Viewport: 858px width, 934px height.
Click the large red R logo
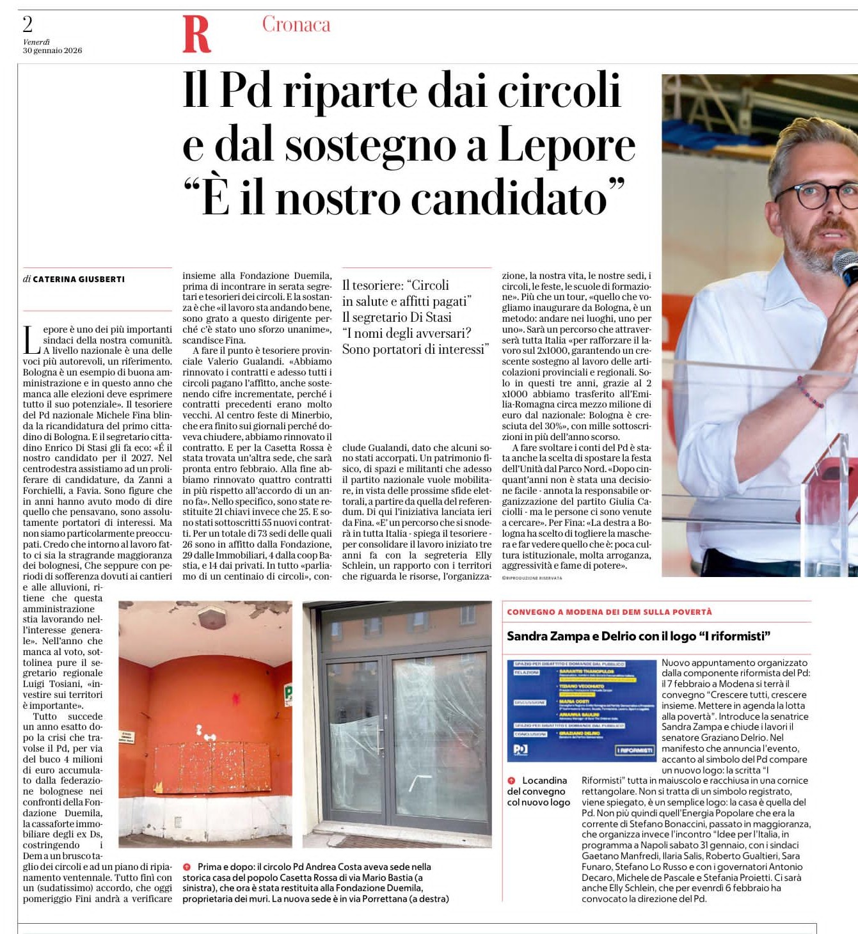click(196, 34)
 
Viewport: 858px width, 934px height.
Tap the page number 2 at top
click(28, 24)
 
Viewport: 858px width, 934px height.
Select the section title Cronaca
click(296, 24)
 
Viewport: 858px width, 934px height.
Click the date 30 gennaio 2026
click(52, 51)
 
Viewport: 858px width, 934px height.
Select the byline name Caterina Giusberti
click(79, 280)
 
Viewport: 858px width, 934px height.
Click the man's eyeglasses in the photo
click(819, 194)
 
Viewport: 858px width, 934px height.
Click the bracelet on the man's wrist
click(809, 392)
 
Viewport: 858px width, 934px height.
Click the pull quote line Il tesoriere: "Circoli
click(395, 285)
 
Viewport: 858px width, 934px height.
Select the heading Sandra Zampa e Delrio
click(639, 636)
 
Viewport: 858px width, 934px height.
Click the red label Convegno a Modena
click(609, 612)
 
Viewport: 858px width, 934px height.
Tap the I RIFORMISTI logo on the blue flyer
click(635, 750)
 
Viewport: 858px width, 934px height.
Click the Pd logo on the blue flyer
click(521, 749)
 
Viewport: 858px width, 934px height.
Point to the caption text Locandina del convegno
click(538, 791)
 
